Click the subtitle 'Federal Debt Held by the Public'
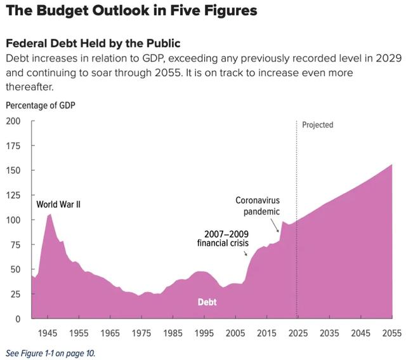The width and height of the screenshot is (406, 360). (x=93, y=44)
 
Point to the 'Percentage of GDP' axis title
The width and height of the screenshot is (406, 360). (x=41, y=105)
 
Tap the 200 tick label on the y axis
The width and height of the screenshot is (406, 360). (x=13, y=121)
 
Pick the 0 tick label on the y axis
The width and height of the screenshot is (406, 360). (x=18, y=319)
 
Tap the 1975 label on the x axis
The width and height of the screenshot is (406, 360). (x=141, y=333)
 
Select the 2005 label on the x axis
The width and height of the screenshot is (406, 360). (x=235, y=333)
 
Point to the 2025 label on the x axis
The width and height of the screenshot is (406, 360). (x=298, y=333)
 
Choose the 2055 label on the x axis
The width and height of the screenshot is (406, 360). (x=391, y=333)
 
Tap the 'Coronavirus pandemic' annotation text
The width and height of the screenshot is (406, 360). (x=257, y=206)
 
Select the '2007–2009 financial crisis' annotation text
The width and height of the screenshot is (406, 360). (x=223, y=238)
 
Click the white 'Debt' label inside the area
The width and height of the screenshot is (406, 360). (x=207, y=302)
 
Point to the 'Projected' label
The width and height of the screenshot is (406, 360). (x=317, y=125)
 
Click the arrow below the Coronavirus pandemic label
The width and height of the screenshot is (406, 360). (x=276, y=225)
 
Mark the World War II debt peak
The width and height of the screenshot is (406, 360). (x=50, y=215)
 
